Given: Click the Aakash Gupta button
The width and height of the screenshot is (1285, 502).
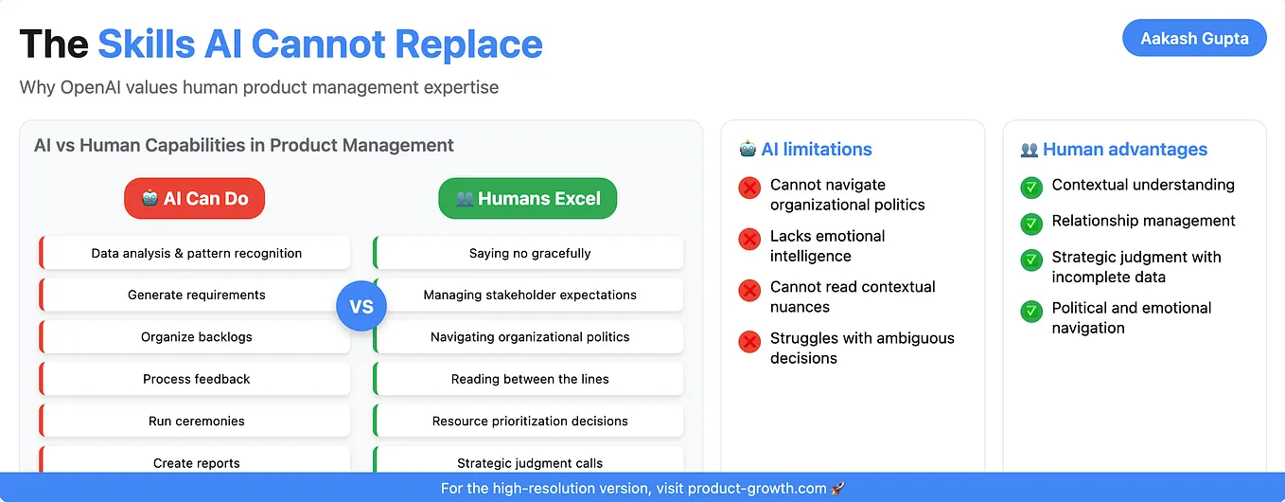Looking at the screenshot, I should (1193, 39).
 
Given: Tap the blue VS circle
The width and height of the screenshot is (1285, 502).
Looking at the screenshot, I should (361, 307).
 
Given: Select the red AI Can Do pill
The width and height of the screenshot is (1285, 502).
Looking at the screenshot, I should (194, 199).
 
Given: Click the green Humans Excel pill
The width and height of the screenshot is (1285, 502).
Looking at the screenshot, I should (527, 199).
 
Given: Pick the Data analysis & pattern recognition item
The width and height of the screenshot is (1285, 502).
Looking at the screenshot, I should (196, 253).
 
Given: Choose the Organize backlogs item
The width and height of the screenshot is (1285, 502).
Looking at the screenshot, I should (196, 337).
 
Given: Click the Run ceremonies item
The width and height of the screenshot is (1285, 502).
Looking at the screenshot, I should (196, 421).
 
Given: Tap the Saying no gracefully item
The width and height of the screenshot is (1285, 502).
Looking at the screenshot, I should (529, 253).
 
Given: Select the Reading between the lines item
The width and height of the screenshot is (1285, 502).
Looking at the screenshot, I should (529, 379).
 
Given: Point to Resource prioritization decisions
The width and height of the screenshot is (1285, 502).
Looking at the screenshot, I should (529, 421).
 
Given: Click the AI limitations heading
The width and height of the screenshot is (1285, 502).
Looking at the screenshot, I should (816, 150).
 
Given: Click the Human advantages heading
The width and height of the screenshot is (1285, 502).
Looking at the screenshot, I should (1124, 150).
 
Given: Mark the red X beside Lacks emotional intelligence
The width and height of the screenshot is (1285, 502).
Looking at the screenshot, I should (749, 239).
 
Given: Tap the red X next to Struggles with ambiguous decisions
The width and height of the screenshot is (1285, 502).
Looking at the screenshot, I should (749, 341).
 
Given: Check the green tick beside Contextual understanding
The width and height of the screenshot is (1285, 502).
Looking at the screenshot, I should (1030, 188).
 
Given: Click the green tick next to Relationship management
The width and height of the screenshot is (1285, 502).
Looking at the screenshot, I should (1030, 224).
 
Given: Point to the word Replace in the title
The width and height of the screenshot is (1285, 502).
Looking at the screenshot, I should (468, 45).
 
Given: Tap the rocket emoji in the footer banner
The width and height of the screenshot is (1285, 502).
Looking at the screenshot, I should (837, 489).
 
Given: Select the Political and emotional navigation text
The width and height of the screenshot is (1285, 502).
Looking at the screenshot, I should (1131, 318).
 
